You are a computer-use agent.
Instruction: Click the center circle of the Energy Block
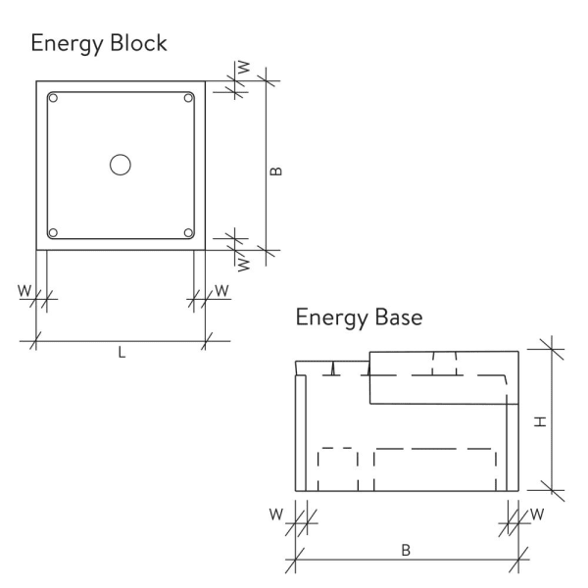pyautogui.click(x=121, y=165)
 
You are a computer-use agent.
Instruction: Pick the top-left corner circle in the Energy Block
pyautogui.click(x=54, y=98)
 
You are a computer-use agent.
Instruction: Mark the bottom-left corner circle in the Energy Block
pyautogui.click(x=54, y=232)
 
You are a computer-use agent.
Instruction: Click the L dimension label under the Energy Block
pyautogui.click(x=122, y=354)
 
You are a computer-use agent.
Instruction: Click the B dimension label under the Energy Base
pyautogui.click(x=406, y=550)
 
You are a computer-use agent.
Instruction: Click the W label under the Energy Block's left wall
pyautogui.click(x=23, y=290)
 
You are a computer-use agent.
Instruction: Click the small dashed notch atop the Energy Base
pyautogui.click(x=446, y=365)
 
